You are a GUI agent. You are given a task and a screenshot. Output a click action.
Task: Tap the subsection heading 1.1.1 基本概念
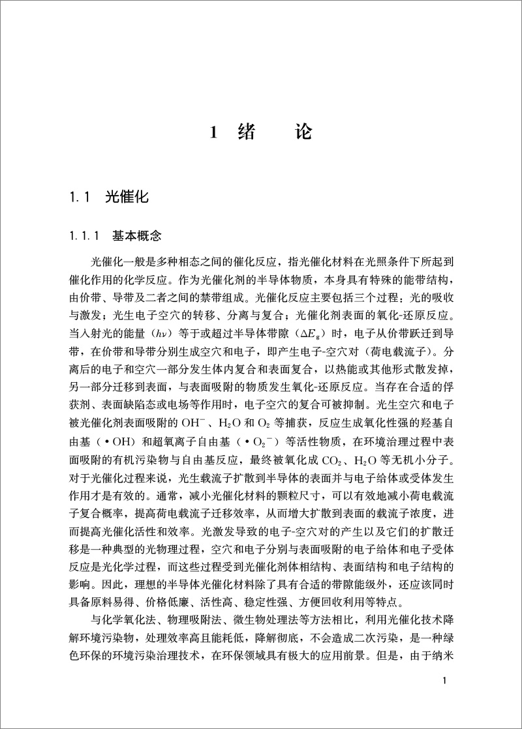point(117,235)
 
